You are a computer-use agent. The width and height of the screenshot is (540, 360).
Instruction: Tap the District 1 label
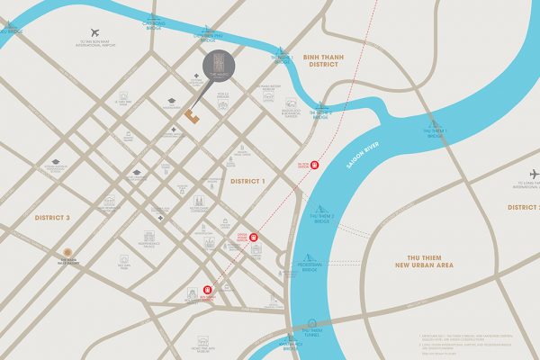249,181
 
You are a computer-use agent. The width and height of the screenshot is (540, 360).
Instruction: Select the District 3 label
52,218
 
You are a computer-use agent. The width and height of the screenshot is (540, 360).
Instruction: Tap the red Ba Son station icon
314,166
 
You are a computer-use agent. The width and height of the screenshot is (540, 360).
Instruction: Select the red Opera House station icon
254,238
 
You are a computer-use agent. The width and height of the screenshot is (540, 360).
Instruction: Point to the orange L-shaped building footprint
191,115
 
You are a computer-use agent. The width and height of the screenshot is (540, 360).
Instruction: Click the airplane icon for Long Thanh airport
534,174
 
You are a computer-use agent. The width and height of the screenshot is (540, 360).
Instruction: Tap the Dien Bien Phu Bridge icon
208,31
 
